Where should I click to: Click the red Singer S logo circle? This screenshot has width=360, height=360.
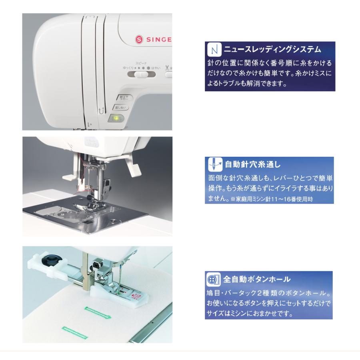click(x=139, y=39)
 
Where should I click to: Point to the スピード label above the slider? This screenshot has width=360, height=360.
click(x=141, y=63)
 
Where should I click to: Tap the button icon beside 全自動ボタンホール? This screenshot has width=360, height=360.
click(x=212, y=279)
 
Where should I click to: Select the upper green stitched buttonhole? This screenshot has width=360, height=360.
click(x=98, y=310)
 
